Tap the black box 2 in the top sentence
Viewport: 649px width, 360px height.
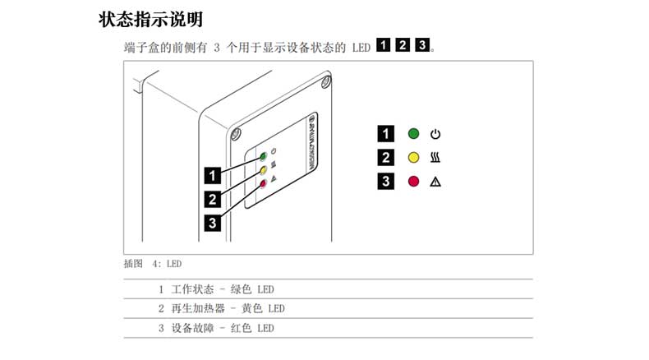pyautogui.click(x=403, y=45)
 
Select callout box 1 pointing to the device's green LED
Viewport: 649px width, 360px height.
pyautogui.click(x=213, y=174)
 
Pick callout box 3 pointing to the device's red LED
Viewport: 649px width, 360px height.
pyautogui.click(x=213, y=221)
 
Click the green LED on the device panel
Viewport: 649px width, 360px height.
pyautogui.click(x=264, y=155)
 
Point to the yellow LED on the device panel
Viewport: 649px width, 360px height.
pyautogui.click(x=264, y=170)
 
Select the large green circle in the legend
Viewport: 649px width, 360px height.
pyautogui.click(x=413, y=133)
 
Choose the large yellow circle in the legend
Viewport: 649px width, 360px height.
pyautogui.click(x=413, y=157)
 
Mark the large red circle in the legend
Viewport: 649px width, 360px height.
pyautogui.click(x=413, y=182)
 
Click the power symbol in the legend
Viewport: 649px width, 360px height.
pyautogui.click(x=436, y=133)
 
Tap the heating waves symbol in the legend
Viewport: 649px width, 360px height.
pyautogui.click(x=436, y=157)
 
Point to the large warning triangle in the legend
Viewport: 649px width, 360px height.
pyautogui.click(x=436, y=182)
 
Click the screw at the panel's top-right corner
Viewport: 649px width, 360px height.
pyautogui.click(x=327, y=81)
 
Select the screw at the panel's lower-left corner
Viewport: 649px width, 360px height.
pyautogui.click(x=235, y=133)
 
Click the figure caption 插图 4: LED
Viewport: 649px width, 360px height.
pyautogui.click(x=152, y=264)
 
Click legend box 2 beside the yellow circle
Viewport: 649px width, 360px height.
pyautogui.click(x=385, y=157)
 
